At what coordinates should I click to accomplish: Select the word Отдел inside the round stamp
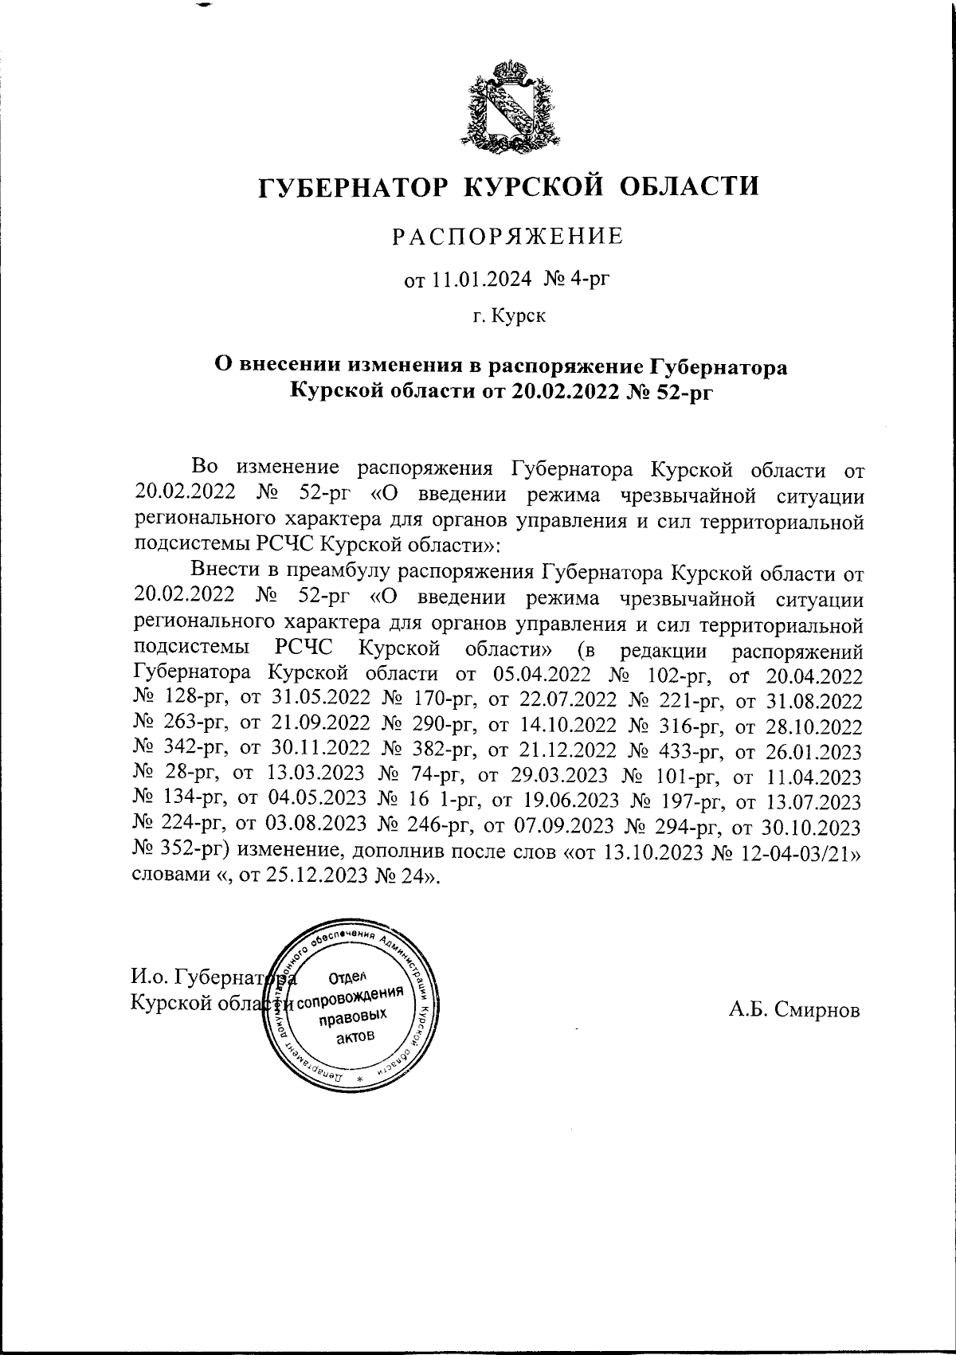(346, 977)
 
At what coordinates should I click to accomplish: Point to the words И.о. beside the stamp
(149, 977)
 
